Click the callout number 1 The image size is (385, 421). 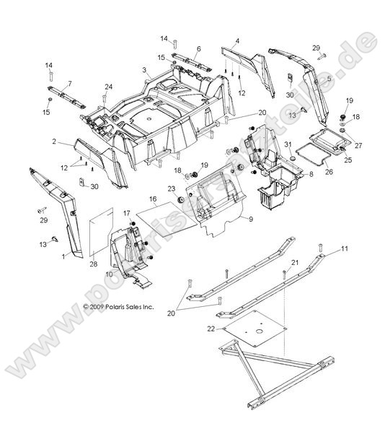[63, 256]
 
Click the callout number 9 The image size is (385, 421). [250, 217]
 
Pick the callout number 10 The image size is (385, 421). [109, 275]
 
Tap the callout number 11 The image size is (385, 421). [345, 249]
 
